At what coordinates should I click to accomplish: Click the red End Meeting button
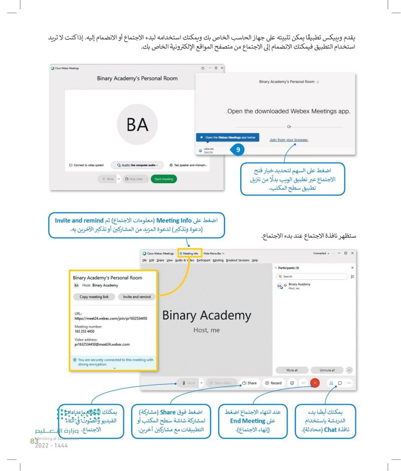[315, 383]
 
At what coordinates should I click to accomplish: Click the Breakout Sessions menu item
[238, 260]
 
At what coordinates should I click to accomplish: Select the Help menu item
[255, 260]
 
